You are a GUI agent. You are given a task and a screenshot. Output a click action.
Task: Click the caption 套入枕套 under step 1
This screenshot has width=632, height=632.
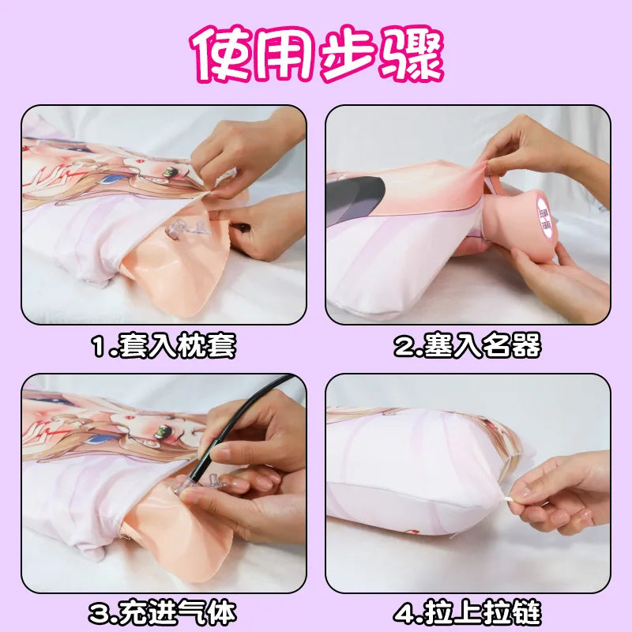[177, 346]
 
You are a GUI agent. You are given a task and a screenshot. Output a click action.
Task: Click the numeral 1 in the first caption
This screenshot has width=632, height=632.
[99, 347]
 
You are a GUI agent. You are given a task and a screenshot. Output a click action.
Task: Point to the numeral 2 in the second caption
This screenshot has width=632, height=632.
[404, 347]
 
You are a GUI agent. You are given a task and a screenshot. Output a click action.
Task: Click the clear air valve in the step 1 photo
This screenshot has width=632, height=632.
[180, 230]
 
